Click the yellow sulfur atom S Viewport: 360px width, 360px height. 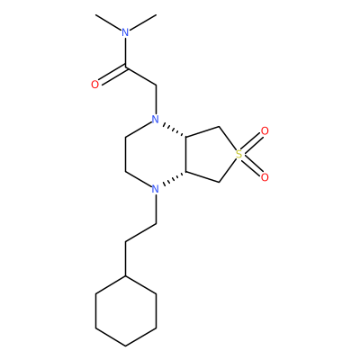239,155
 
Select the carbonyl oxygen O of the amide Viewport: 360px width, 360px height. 94,85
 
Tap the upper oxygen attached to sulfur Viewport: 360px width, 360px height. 265,131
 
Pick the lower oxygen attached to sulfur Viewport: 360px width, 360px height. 265,177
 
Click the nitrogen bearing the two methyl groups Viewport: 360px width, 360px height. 125,32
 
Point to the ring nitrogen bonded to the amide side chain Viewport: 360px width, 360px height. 155,120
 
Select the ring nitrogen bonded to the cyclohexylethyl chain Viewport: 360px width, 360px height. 155,189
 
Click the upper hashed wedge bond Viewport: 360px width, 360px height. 174,130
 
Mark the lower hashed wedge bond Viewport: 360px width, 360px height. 174,178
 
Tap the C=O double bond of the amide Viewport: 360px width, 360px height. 112,75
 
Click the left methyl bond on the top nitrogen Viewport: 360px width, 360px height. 108,22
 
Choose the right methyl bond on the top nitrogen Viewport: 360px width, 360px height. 143,22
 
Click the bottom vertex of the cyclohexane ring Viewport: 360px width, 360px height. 126,346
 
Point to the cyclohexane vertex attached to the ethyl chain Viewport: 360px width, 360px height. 126,276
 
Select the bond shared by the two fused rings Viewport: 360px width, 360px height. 186,155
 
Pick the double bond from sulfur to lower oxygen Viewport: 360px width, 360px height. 251,165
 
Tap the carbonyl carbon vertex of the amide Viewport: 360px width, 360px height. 126,67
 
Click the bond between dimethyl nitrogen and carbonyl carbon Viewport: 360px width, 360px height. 126,52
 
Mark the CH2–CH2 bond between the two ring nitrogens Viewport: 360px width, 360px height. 126,155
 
